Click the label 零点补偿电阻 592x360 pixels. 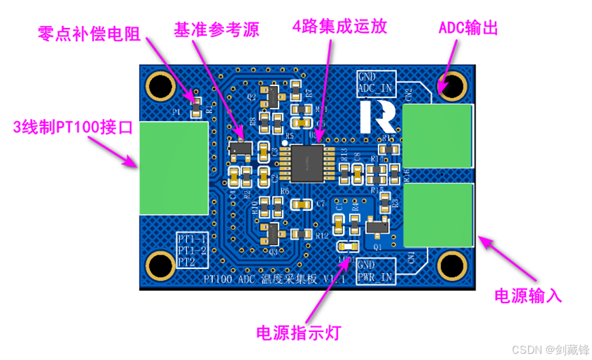(x=88, y=34)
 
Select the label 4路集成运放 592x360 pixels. (x=339, y=27)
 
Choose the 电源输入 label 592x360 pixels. (x=528, y=296)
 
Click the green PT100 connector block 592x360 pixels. (x=175, y=167)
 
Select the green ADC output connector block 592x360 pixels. (x=437, y=136)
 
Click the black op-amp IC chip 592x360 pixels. (x=308, y=163)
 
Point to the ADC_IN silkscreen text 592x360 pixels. (x=375, y=88)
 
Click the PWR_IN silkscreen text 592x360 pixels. (x=375, y=277)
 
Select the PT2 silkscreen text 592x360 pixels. (x=186, y=261)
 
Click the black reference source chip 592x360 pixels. (x=239, y=147)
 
